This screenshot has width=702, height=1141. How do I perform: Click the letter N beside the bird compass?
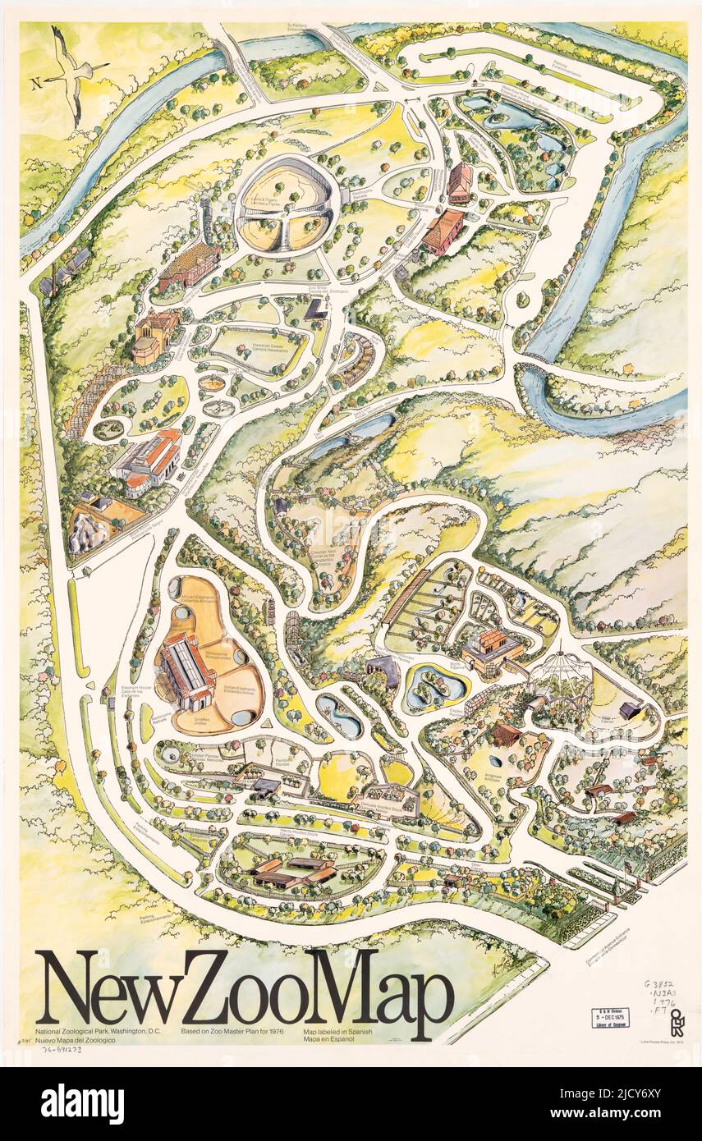(x=35, y=82)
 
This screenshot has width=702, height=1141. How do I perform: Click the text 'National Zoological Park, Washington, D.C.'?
(x=98, y=1030)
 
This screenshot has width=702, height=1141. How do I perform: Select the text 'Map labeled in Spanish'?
(x=337, y=1030)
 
